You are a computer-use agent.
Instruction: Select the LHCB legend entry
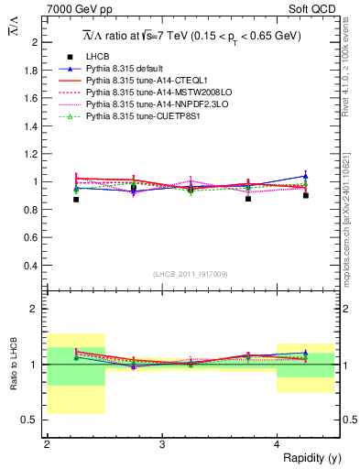point(98,57)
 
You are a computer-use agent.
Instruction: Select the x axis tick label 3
point(162,444)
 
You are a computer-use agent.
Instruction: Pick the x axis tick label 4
point(278,444)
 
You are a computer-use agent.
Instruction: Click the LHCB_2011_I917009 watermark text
point(191,274)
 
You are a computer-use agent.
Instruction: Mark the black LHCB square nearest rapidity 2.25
point(76,199)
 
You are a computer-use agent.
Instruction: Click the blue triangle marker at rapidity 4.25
point(306,176)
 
